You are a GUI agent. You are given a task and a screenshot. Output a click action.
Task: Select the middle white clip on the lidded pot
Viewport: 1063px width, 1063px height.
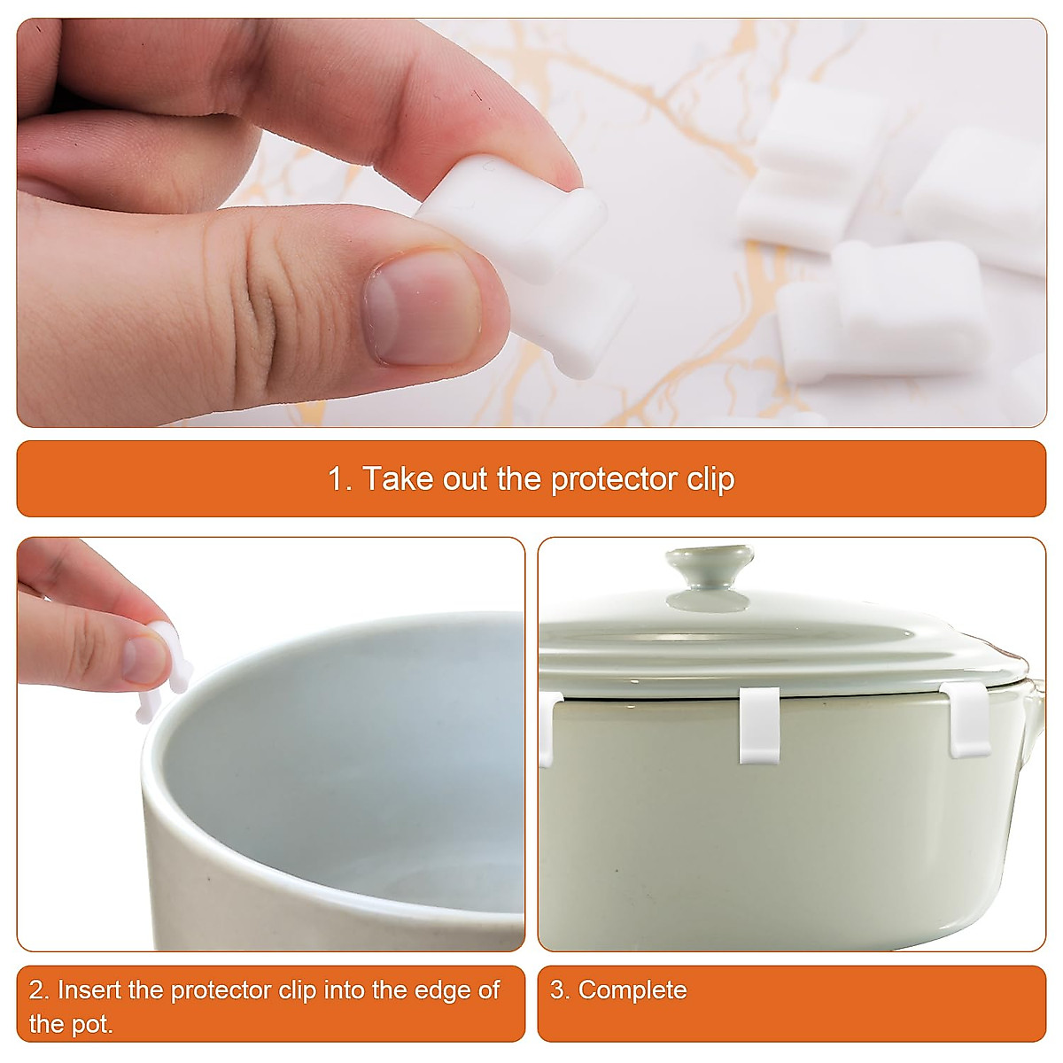[759, 725]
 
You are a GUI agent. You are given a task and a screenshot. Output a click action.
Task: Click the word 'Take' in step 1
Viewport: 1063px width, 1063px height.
[398, 479]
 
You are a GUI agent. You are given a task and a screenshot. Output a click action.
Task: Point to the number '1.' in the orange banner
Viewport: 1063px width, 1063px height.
[340, 479]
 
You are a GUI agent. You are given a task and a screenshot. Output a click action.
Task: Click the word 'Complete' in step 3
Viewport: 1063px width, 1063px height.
[632, 989]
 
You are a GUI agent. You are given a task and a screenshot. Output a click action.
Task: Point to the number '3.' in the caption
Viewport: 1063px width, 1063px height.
[560, 989]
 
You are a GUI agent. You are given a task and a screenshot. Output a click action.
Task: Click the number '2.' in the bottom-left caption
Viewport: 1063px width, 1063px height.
[39, 989]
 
